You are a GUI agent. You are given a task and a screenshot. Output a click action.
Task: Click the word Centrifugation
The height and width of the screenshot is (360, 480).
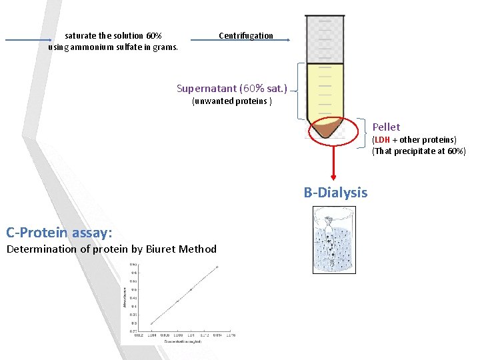pyautogui.click(x=246, y=35)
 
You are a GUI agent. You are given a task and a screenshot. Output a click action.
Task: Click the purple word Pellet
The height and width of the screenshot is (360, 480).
pyautogui.click(x=386, y=127)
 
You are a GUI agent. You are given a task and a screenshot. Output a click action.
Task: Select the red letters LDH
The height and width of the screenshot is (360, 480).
pyautogui.click(x=382, y=140)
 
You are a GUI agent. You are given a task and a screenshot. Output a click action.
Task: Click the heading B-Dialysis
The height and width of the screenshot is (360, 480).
pyautogui.click(x=335, y=193)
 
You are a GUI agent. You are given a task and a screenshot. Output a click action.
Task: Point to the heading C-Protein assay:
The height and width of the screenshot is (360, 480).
pyautogui.click(x=59, y=232)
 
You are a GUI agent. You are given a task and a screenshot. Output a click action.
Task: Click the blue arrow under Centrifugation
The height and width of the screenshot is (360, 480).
pyautogui.click(x=240, y=41)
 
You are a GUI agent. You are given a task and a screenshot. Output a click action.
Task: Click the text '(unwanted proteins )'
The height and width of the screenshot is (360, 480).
pyautogui.click(x=231, y=101)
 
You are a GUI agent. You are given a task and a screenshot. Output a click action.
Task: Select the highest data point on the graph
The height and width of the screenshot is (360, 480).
pyautogui.click(x=217, y=267)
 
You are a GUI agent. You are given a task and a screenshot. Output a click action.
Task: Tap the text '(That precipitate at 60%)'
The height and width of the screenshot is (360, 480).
pyautogui.click(x=419, y=151)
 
